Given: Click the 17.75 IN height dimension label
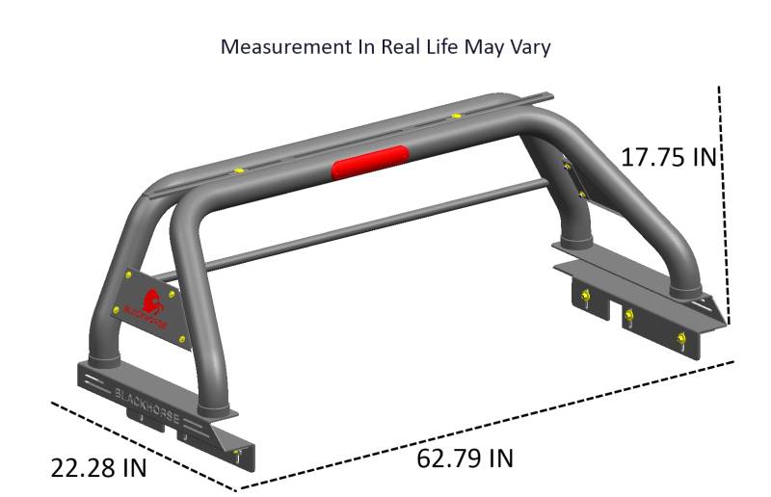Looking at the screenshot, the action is pos(669,157).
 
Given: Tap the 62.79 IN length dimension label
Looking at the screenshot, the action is pos(465,458).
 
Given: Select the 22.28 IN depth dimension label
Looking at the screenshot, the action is pos(99,467).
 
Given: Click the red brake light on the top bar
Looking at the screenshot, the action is pos(370,162).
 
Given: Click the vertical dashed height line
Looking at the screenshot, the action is pos(724,205).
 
